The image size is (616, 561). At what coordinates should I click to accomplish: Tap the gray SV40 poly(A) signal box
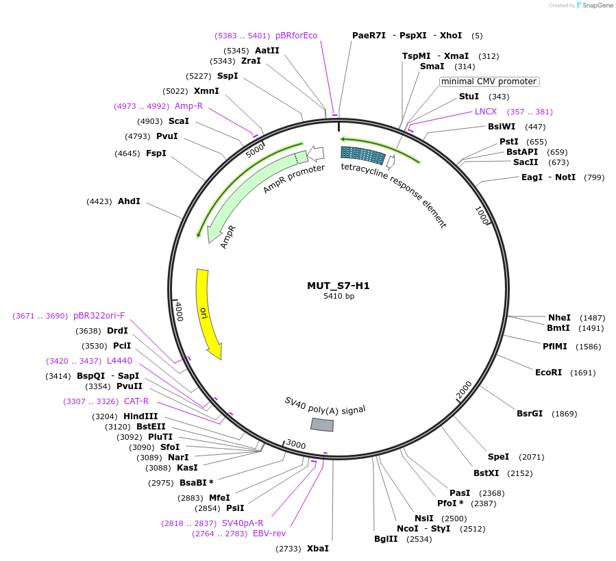coord(322,425)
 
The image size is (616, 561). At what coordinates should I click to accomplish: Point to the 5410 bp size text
coord(338,297)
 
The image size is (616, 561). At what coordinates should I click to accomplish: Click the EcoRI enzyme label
coord(548,373)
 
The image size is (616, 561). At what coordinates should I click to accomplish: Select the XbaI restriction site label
coord(317,549)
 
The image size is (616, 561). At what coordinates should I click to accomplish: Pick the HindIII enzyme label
coord(140,416)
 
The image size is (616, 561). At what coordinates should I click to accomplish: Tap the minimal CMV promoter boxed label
coord(489,82)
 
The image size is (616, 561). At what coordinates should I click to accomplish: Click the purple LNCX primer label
coord(486,112)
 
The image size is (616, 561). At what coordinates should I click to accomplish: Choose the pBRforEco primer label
coord(296,36)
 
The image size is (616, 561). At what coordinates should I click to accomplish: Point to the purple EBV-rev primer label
coord(269,534)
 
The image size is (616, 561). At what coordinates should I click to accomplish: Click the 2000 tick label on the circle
coord(464,390)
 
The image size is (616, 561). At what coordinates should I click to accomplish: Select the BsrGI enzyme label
coord(530,413)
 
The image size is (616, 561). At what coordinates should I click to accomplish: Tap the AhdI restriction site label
coord(129,201)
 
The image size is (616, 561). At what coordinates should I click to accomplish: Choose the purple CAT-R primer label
coord(136,401)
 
